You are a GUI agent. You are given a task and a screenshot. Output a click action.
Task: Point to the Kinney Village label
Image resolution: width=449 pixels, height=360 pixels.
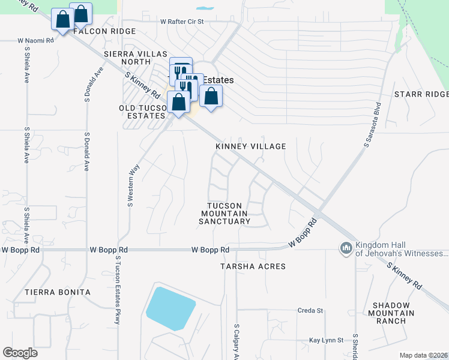coord(250,146)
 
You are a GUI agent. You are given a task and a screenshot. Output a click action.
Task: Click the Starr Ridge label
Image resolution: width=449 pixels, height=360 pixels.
coord(421,95)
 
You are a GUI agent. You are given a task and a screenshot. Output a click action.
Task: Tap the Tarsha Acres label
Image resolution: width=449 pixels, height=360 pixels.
coord(252,266)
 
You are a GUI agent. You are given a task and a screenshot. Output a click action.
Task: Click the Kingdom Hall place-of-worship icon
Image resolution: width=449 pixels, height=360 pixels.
coord(346,248)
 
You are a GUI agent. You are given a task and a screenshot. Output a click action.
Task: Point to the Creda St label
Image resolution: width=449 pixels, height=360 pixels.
coord(310,311)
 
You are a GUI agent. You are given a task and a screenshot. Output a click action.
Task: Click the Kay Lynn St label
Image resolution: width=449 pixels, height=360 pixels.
coord(326,340)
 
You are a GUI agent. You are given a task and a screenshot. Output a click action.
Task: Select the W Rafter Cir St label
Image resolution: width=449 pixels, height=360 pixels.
coord(182,22)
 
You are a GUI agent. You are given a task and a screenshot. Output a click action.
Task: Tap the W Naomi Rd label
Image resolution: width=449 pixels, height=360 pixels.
coord(35,41)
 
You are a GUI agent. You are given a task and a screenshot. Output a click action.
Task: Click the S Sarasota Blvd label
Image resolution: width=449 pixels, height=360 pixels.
coord(372,125)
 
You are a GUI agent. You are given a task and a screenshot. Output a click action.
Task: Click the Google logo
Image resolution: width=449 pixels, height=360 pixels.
coord(20,353)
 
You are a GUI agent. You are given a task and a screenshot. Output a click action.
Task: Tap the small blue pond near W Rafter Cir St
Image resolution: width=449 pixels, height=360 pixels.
coord(205,9)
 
